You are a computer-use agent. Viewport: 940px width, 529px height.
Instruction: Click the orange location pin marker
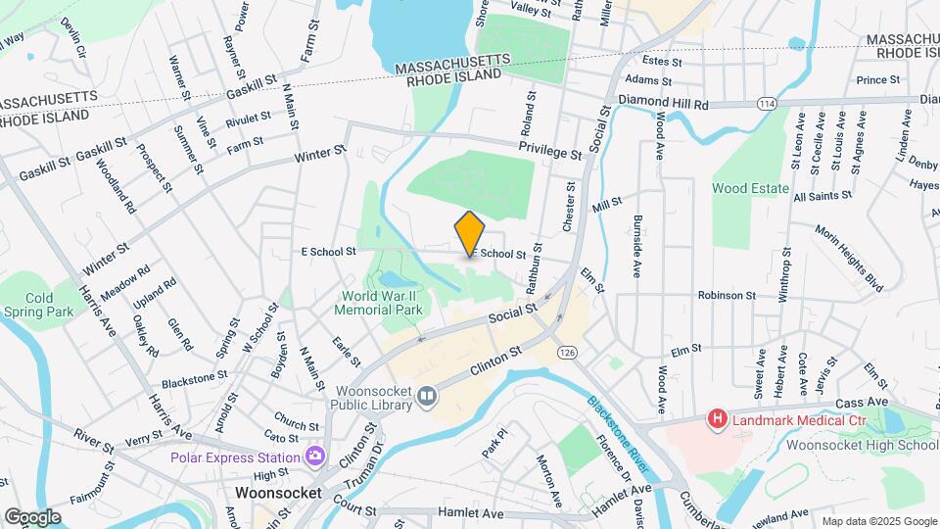[x=470, y=234]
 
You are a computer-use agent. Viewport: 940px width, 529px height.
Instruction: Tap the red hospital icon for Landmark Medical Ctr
[x=718, y=419]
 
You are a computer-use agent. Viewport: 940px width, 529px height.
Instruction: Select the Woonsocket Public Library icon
[x=427, y=396]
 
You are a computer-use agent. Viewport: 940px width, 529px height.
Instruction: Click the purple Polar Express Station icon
[x=315, y=456]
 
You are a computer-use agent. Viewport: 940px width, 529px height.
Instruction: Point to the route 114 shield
[x=767, y=103]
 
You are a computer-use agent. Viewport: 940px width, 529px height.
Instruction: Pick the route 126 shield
[x=565, y=351]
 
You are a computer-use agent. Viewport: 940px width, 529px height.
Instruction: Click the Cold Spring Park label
[x=38, y=305]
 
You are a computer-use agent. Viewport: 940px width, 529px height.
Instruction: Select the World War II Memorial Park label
[x=383, y=303]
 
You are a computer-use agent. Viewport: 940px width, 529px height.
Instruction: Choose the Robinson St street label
[x=727, y=294]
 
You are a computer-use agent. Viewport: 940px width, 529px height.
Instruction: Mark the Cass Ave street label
[x=863, y=402]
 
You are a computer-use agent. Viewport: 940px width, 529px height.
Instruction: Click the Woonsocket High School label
[x=862, y=444]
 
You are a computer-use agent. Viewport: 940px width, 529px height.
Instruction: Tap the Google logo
[x=32, y=517]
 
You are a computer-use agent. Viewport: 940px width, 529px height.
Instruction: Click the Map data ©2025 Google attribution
[x=878, y=520]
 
